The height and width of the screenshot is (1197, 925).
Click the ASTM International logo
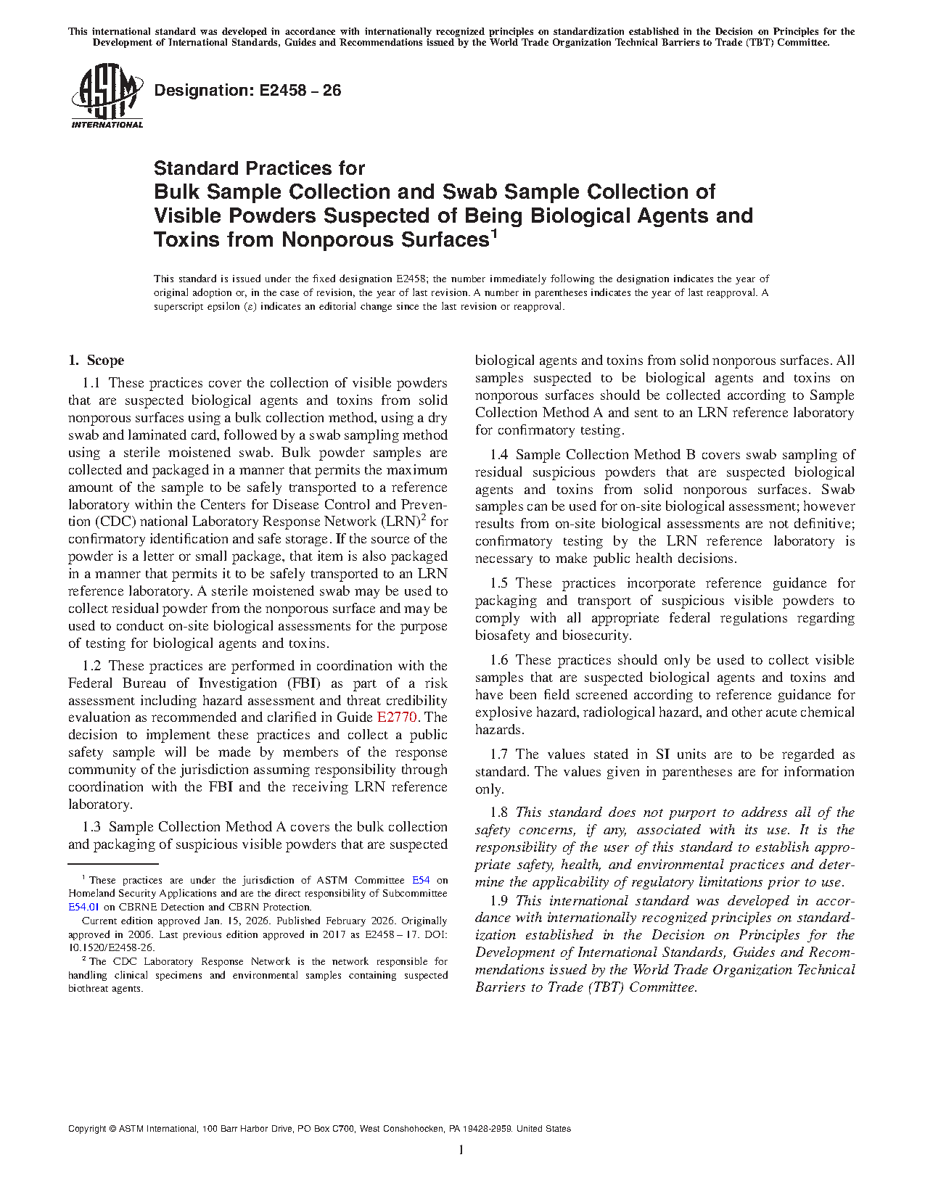click(107, 96)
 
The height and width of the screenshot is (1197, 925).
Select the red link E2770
click(397, 717)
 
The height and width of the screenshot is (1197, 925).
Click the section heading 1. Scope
click(96, 361)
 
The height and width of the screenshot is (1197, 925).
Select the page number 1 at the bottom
click(461, 1150)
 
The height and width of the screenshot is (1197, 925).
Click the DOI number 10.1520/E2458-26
click(111, 947)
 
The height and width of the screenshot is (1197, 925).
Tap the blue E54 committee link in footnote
click(421, 880)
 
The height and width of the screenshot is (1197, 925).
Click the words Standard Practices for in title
click(259, 168)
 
